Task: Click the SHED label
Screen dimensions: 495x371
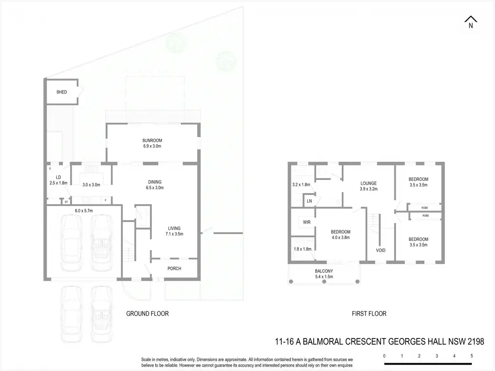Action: [x=61, y=92]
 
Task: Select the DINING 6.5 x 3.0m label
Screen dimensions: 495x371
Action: [x=155, y=185]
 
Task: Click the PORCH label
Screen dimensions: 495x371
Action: [x=174, y=268]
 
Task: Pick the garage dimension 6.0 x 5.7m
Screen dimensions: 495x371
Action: [x=84, y=210]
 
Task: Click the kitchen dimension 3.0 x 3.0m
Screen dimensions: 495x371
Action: [x=91, y=185]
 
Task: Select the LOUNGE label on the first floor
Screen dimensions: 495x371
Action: [x=368, y=183]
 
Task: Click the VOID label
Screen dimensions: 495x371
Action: [x=380, y=250]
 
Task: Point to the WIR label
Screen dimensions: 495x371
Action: [x=306, y=222]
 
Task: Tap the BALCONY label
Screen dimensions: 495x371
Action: [x=324, y=271]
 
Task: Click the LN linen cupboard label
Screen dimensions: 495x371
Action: [x=309, y=201]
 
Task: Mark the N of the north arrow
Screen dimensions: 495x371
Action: [x=471, y=26]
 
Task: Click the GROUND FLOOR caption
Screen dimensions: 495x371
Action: [x=147, y=313]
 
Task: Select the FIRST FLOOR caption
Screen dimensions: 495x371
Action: [x=369, y=313]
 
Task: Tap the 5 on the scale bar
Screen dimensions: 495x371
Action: [x=472, y=356]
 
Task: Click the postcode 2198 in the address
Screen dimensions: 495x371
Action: [x=476, y=341]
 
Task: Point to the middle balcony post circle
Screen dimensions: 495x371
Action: [x=324, y=282]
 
